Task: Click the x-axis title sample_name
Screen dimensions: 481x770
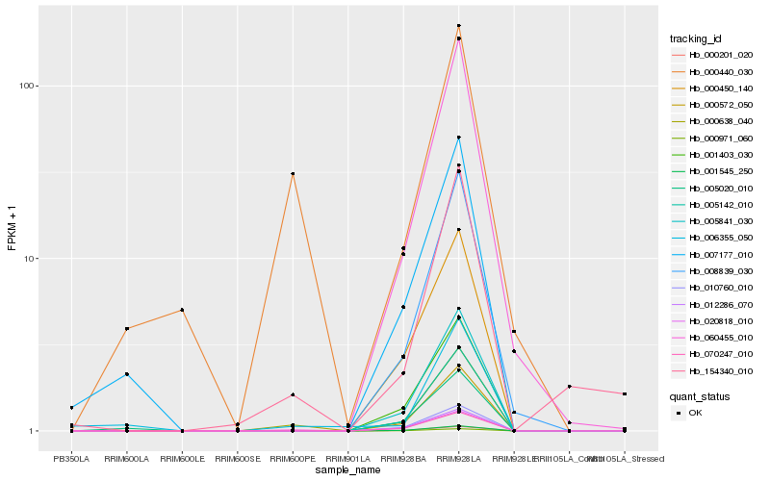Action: coord(347,469)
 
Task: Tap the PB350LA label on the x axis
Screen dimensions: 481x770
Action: coord(71,458)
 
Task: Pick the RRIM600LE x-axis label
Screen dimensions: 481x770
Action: coord(182,458)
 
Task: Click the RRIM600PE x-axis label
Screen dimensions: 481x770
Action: coord(293,458)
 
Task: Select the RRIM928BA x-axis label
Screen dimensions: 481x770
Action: coord(403,458)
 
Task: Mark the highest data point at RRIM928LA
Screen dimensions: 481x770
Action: coord(459,26)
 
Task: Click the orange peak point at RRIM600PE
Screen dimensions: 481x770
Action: coord(293,174)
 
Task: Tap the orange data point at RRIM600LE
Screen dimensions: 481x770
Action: coord(182,310)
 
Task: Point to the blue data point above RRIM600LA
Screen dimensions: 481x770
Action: coord(127,374)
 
